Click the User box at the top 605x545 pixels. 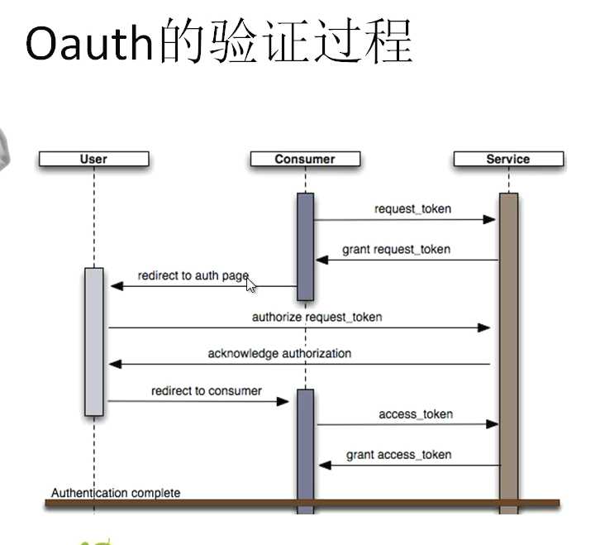pyautogui.click(x=93, y=159)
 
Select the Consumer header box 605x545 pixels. pyautogui.click(x=305, y=159)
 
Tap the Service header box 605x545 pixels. pyautogui.click(x=507, y=159)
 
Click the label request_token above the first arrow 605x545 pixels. pyautogui.click(x=412, y=208)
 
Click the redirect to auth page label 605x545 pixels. pyautogui.click(x=193, y=275)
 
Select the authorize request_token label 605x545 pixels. pyautogui.click(x=317, y=317)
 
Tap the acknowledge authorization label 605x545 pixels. pyautogui.click(x=279, y=353)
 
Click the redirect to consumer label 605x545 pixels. pyautogui.click(x=206, y=390)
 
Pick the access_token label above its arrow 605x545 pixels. pyautogui.click(x=416, y=414)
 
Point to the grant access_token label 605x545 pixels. pyautogui.click(x=398, y=454)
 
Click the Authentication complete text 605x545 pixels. pyautogui.click(x=116, y=493)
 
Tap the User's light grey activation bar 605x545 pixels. pyautogui.click(x=94, y=341)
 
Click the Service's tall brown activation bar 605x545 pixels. pyautogui.click(x=508, y=347)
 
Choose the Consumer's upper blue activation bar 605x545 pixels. pyautogui.click(x=305, y=246)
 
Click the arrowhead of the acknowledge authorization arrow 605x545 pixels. pyautogui.click(x=115, y=364)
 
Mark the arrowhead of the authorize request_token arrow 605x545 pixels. pyautogui.click(x=485, y=327)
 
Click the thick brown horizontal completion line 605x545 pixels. pyautogui.click(x=302, y=502)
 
